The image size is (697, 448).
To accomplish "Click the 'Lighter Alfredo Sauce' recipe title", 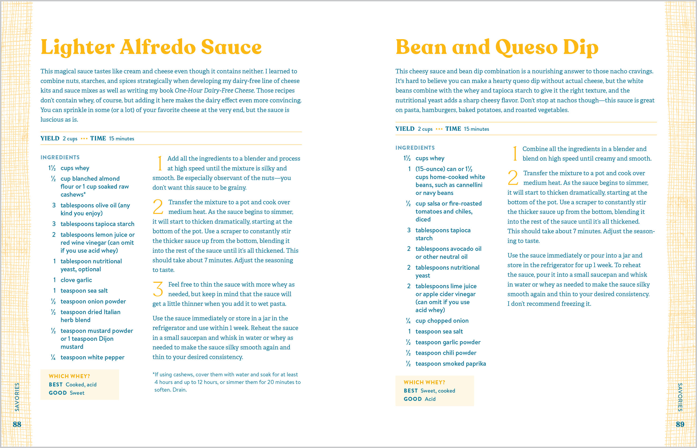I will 151,47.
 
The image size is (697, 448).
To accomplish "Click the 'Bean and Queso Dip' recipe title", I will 497,47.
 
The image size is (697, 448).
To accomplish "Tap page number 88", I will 17,424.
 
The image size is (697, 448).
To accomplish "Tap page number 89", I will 680,424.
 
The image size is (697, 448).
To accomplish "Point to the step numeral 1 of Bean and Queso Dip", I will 515,154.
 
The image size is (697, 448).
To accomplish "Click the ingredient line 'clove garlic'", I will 76,280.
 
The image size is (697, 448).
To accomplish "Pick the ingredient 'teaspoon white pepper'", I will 92,357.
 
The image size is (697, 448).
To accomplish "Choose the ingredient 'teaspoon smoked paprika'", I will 450,364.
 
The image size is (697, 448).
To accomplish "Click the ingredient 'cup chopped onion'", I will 442,321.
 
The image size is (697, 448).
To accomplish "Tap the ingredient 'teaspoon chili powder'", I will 446,353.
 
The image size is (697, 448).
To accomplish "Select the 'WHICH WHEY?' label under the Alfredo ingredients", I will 69,376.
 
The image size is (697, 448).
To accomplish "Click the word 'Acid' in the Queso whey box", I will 430,399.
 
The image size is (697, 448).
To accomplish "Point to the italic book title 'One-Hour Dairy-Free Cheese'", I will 214,90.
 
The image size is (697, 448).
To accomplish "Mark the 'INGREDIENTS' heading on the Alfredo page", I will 60,157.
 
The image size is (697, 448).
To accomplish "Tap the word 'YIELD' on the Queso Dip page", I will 405,129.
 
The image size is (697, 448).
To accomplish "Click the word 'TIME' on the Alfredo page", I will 98,138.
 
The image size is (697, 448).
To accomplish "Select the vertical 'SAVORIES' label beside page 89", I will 680,397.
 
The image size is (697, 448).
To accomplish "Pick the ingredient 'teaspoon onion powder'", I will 93,301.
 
